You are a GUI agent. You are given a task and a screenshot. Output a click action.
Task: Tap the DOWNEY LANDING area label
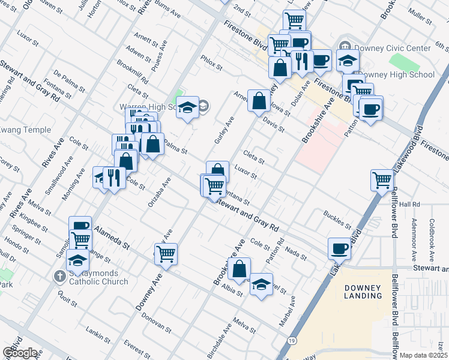pyautogui.click(x=363, y=292)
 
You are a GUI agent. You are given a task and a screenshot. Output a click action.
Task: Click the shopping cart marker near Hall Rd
pyautogui.click(x=382, y=179)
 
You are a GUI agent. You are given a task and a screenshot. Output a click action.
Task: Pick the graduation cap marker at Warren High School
pyautogui.click(x=187, y=107)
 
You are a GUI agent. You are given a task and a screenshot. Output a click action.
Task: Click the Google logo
pyautogui.click(x=20, y=353)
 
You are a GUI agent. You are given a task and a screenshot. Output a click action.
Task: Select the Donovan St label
pyautogui.click(x=157, y=325)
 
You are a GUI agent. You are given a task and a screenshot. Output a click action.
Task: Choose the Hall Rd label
pyautogui.click(x=408, y=205)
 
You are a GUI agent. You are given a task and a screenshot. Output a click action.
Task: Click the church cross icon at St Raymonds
pyautogui.click(x=59, y=277)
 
